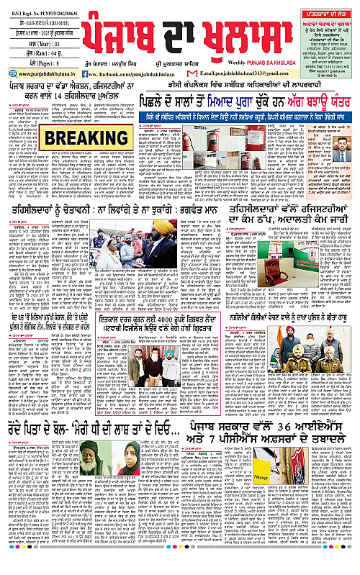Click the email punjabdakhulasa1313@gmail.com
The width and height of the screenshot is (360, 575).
[x=256, y=73]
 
